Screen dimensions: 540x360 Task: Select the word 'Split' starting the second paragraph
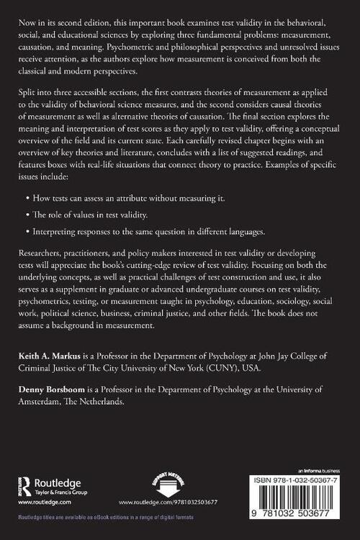pos(32,95)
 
